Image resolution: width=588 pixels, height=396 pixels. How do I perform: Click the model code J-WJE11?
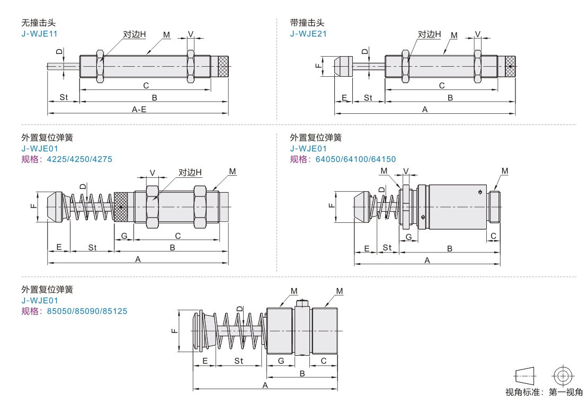[39, 34]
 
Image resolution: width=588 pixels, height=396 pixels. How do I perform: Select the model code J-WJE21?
[308, 34]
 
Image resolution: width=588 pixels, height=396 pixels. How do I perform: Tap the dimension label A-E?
[139, 109]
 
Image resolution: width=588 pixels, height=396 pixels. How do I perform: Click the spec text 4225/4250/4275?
[79, 159]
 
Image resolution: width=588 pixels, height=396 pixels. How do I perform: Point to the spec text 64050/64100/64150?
[355, 159]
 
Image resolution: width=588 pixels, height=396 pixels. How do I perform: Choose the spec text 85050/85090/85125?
[87, 311]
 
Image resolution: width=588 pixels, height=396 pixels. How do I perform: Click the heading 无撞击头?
[38, 23]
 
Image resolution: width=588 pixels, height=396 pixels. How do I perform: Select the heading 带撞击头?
[307, 23]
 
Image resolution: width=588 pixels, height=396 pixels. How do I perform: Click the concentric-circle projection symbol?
[563, 376]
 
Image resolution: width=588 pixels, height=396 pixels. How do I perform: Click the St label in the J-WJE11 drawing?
[64, 97]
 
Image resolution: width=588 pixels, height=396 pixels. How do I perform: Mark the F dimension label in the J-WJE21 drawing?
[317, 66]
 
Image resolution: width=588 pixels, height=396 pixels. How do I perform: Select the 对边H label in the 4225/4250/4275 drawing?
[190, 172]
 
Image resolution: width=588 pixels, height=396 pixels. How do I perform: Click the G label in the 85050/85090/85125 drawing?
[281, 361]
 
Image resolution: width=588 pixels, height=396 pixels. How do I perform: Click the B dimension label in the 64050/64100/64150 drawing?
[450, 248]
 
